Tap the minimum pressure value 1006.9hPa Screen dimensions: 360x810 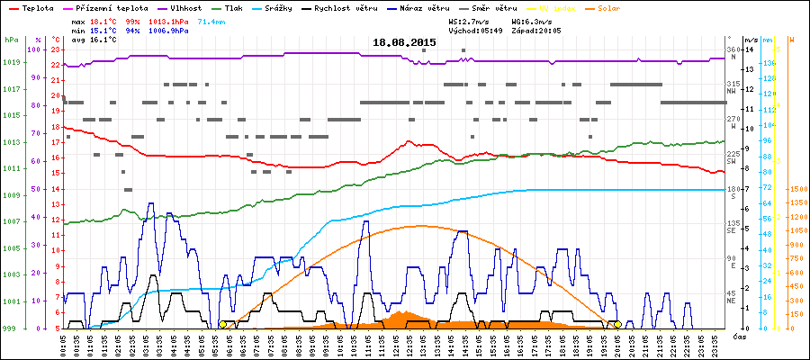click(x=169, y=30)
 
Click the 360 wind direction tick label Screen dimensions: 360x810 click(x=733, y=49)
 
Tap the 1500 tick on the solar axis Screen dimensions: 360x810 click(x=796, y=189)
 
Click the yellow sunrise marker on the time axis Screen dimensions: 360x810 click(x=222, y=324)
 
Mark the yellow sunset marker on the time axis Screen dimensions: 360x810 click(x=617, y=324)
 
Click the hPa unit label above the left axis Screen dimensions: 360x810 click(x=11, y=40)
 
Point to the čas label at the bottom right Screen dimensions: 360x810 click(x=738, y=337)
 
